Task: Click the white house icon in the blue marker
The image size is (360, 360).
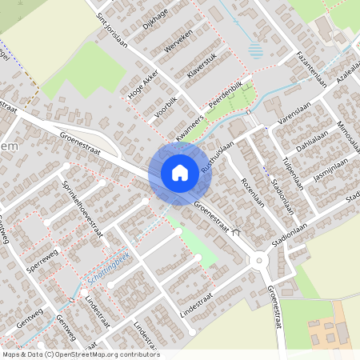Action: (x=180, y=172)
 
